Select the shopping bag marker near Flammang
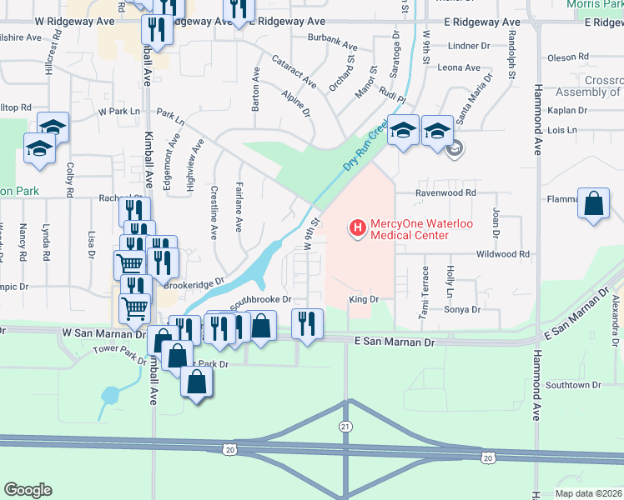(x=593, y=205)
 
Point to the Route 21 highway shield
(x=345, y=426)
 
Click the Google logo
(x=28, y=490)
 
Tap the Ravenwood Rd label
(x=446, y=192)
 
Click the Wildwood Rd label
(x=503, y=254)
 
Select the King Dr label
(x=365, y=298)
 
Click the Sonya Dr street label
(x=464, y=309)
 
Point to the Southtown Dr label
(x=573, y=385)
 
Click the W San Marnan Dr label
(x=103, y=332)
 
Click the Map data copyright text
(x=587, y=492)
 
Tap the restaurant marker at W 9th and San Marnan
(x=307, y=323)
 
